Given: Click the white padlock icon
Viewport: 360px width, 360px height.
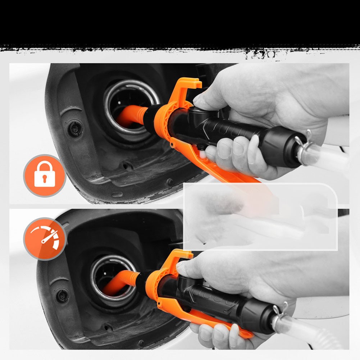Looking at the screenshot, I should (45, 176).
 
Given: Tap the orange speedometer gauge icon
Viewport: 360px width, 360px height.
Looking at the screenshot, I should (45, 238).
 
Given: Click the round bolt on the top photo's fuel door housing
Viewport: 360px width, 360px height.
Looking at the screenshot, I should (75, 128).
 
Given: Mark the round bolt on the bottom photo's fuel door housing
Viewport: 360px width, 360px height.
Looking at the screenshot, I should (62, 296).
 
